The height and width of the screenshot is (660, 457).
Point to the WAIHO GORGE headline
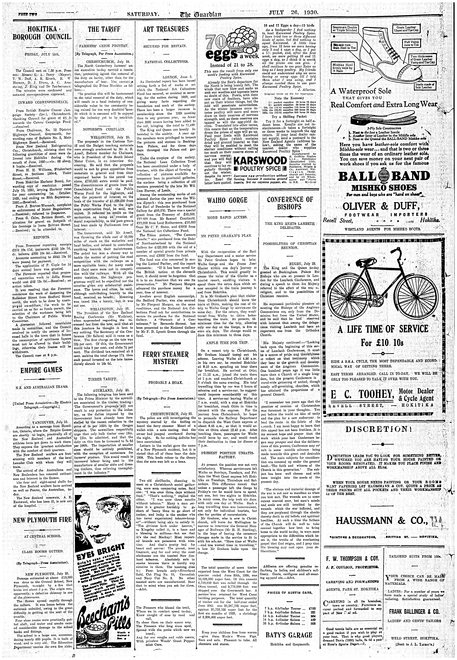point(227,200)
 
